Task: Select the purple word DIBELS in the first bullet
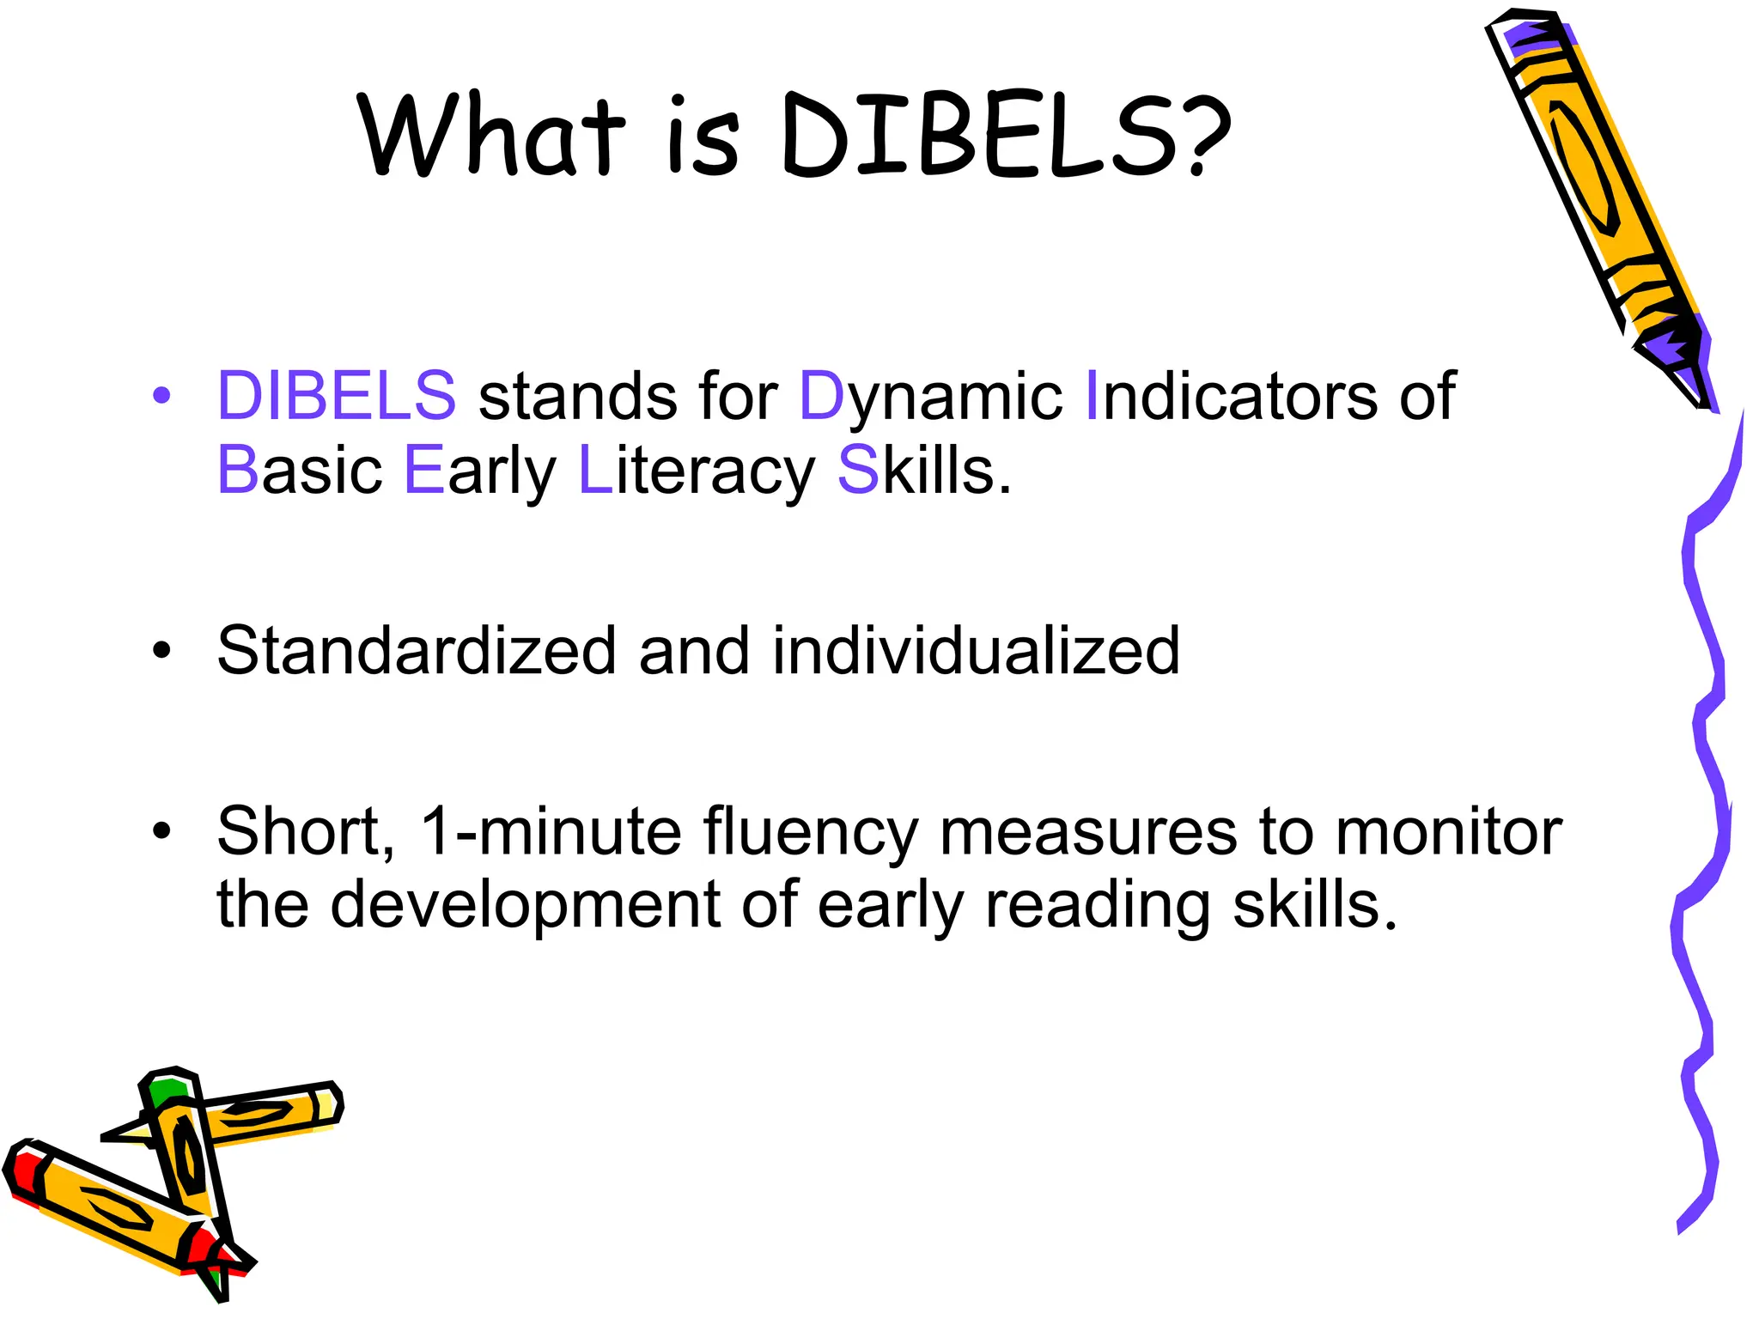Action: pos(337,396)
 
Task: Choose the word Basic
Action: pos(299,471)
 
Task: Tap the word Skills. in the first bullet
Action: pos(924,471)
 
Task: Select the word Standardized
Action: pos(417,650)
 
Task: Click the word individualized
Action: pos(976,650)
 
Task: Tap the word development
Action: pos(525,906)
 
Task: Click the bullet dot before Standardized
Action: pos(161,651)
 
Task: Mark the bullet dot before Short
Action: pos(161,831)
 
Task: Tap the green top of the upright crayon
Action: pos(166,1091)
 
